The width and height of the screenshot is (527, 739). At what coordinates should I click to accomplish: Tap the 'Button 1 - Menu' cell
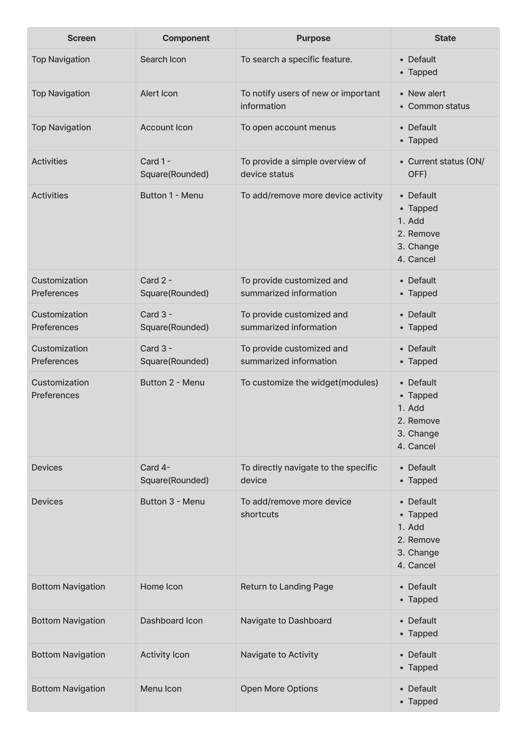tap(172, 195)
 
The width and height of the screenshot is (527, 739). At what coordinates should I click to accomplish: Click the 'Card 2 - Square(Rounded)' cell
tap(174, 287)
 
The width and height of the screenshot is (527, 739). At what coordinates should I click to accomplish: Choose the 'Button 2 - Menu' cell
tap(172, 382)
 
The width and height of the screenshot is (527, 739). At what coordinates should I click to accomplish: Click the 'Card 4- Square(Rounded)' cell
tap(174, 474)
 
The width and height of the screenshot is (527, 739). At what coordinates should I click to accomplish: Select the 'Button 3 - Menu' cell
tap(172, 502)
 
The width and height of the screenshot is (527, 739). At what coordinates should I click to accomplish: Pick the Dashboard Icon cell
tap(171, 621)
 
